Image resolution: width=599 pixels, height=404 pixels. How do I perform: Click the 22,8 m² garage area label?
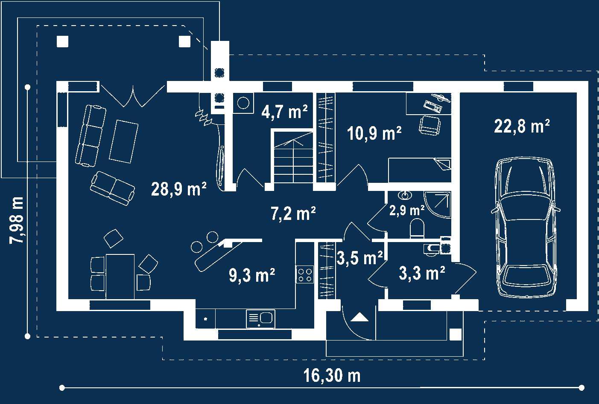click(522, 126)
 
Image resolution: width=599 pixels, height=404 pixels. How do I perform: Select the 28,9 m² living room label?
click(178, 189)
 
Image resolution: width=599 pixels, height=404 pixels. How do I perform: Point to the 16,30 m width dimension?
click(332, 376)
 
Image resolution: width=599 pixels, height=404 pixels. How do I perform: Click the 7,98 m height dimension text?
click(17, 220)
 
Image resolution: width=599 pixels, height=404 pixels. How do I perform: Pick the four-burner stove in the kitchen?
click(305, 274)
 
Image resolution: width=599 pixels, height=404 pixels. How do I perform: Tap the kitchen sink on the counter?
click(260, 319)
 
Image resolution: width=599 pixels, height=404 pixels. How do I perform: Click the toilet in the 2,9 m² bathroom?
click(417, 228)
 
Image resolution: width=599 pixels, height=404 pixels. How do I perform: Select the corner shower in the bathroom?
click(438, 205)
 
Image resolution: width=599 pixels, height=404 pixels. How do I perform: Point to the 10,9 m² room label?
click(374, 133)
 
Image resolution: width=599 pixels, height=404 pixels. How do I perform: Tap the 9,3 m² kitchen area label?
click(252, 275)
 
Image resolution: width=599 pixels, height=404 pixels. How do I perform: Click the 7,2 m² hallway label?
click(293, 214)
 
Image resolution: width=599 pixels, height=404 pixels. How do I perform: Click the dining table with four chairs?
click(120, 276)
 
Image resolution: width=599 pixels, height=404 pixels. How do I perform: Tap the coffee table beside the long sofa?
click(123, 141)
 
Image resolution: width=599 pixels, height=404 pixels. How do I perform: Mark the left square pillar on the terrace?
click(63, 41)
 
